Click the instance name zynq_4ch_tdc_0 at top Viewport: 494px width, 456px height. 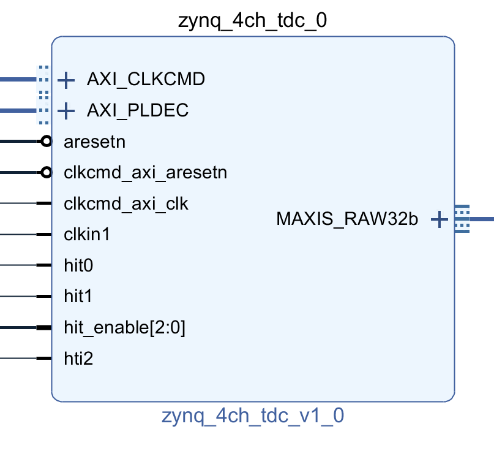(x=252, y=21)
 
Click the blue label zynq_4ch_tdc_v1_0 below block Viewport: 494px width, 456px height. (x=252, y=417)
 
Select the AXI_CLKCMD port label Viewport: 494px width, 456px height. (x=146, y=79)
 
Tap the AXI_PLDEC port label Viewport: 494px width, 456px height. (x=137, y=110)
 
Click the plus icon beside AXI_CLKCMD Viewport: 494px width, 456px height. (x=65, y=80)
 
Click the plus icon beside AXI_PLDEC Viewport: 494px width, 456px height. (x=65, y=111)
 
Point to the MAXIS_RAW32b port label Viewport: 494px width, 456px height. (x=347, y=219)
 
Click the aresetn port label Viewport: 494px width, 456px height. (x=94, y=142)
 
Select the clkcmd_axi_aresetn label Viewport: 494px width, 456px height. (x=145, y=173)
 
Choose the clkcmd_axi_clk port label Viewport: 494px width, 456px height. (x=125, y=203)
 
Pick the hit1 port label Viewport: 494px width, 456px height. (x=77, y=297)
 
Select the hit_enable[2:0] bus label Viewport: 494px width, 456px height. (x=124, y=328)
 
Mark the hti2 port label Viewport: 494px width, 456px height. (x=78, y=359)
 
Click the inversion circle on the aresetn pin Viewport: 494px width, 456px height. (x=46, y=142)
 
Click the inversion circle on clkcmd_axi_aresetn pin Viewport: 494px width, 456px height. (x=46, y=173)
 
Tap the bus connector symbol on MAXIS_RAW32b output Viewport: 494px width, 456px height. (x=462, y=219)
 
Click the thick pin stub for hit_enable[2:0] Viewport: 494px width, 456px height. (x=43, y=328)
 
